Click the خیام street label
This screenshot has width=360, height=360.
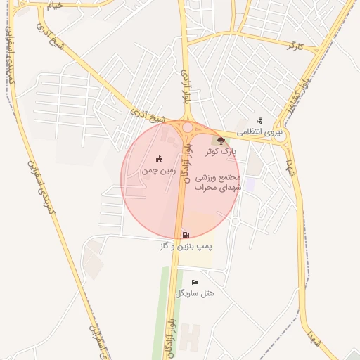[x=55, y=5]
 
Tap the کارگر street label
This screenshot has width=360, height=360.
[x=295, y=46]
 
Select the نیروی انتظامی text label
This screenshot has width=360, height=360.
[x=259, y=132]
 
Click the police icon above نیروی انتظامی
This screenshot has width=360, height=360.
[x=259, y=121]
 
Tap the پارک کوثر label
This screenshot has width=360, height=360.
[x=221, y=151]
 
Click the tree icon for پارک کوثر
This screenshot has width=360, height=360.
[x=222, y=141]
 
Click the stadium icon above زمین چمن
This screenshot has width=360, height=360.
[x=159, y=158]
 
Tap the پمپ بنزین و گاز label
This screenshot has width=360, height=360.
[x=185, y=246]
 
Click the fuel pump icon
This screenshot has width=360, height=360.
[x=185, y=235]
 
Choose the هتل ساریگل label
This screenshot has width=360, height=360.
[x=195, y=292]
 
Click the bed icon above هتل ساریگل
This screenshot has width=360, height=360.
[x=195, y=282]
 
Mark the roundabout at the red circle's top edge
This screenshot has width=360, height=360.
[x=188, y=127]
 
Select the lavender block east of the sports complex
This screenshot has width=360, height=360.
[x=250, y=184]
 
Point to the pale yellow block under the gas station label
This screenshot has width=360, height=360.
[x=194, y=259]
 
